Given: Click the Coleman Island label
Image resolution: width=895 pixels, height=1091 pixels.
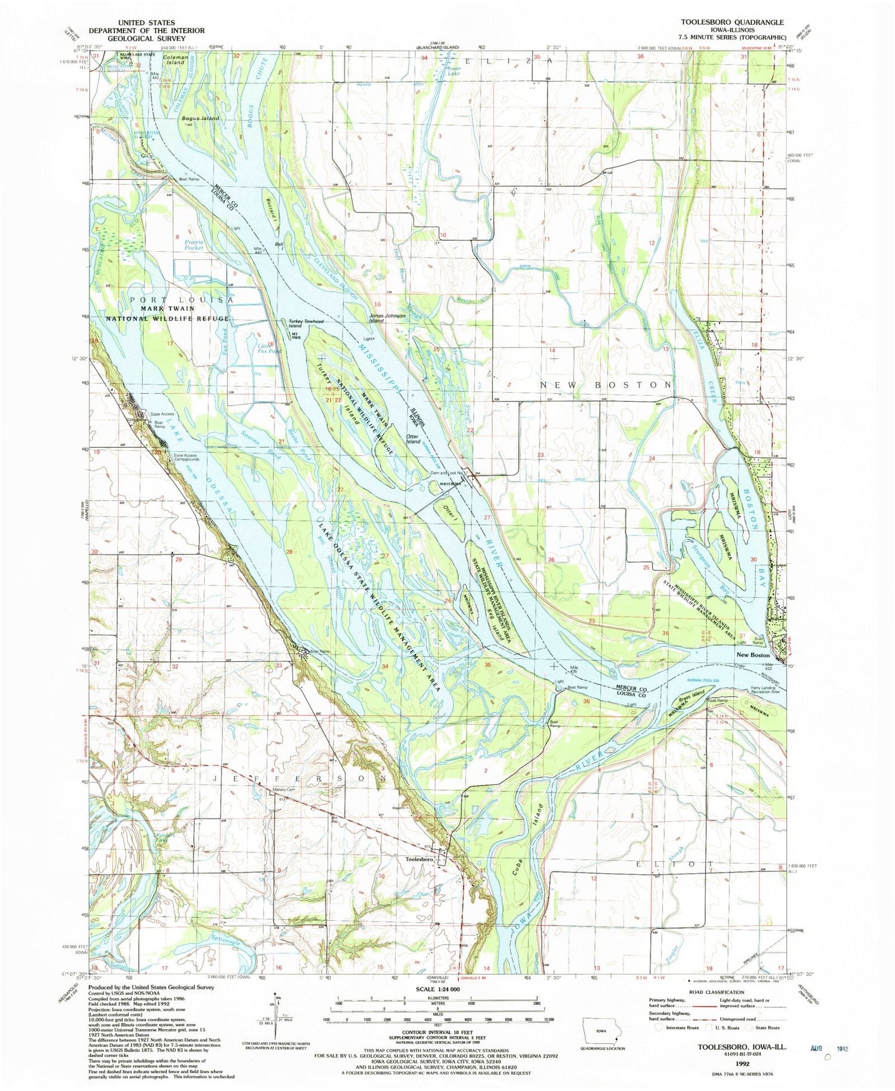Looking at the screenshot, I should [x=176, y=60].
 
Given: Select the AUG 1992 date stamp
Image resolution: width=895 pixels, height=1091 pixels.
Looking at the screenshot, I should [x=829, y=1048].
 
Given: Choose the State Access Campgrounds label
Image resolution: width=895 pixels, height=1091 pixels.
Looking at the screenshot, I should [x=186, y=457].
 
